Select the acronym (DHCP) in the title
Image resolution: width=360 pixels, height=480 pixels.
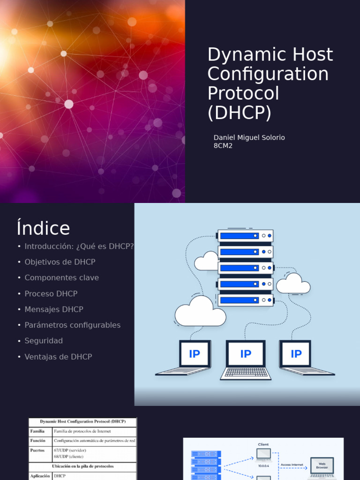pyautogui.click(x=239, y=113)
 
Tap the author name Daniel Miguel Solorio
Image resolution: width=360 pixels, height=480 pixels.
pyautogui.click(x=249, y=137)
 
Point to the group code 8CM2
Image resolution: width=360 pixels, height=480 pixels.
pyautogui.click(x=223, y=146)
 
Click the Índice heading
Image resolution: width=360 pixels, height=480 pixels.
pyautogui.click(x=43, y=228)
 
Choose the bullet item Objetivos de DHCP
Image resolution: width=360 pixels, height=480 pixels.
pyautogui.click(x=60, y=262)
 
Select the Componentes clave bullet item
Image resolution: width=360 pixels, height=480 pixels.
pyautogui.click(x=62, y=278)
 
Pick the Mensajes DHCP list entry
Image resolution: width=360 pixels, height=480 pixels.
pyautogui.click(x=54, y=309)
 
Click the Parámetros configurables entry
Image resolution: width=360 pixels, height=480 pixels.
pyautogui.click(x=73, y=325)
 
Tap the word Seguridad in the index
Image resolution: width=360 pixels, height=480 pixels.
pyautogui.click(x=44, y=341)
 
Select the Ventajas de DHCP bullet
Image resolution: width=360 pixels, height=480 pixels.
pyautogui.click(x=58, y=357)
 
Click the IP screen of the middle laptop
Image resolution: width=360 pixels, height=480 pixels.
pyautogui.click(x=246, y=354)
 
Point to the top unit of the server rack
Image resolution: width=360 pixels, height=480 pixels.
pyautogui.click(x=245, y=236)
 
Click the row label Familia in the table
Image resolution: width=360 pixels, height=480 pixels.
pyautogui.click(x=37, y=431)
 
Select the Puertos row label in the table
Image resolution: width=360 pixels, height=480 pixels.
pyautogui.click(x=37, y=450)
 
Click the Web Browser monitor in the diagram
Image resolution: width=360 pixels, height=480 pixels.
pyautogui.click(x=322, y=465)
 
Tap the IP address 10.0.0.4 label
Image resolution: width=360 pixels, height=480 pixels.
pyautogui.click(x=263, y=465)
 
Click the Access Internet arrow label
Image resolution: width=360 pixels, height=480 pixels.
pyautogui.click(x=292, y=465)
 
